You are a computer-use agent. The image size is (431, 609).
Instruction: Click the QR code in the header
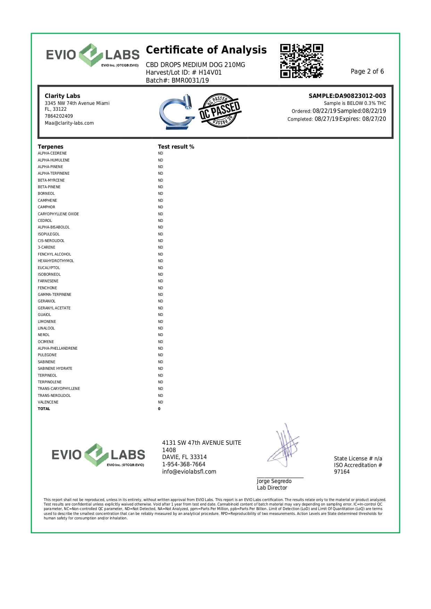pyautogui.click(x=301, y=61)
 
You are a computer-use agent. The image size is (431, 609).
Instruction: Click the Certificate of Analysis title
pyautogui.click(x=206, y=50)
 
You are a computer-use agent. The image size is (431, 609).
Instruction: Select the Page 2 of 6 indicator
pyautogui.click(x=367, y=72)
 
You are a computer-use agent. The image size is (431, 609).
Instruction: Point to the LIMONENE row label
pyautogui.click(x=47, y=322)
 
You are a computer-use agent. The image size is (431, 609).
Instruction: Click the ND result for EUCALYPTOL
pyautogui.click(x=160, y=268)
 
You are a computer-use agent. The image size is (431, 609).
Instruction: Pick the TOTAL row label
pyautogui.click(x=44, y=409)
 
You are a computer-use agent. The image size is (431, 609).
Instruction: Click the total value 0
pyautogui.click(x=159, y=409)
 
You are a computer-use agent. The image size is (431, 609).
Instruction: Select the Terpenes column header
pyautogui.click(x=51, y=147)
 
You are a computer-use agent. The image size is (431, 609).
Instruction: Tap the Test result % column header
pyautogui.click(x=176, y=147)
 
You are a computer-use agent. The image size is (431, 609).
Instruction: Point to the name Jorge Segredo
pyautogui.click(x=274, y=481)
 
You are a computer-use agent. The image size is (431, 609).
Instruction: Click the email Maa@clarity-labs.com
pyautogui.click(x=69, y=123)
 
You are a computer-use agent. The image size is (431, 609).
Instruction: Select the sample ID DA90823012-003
pyautogui.click(x=360, y=96)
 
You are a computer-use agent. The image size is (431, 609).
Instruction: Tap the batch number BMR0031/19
pyautogui.click(x=190, y=80)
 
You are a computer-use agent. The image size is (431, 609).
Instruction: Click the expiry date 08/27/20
pyautogui.click(x=374, y=119)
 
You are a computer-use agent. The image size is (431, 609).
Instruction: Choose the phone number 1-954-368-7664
pyautogui.click(x=184, y=464)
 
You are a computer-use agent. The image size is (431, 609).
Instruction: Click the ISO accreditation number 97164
pyautogui.click(x=342, y=472)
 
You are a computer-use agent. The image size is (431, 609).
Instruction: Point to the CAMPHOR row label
pyautogui.click(x=47, y=207)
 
